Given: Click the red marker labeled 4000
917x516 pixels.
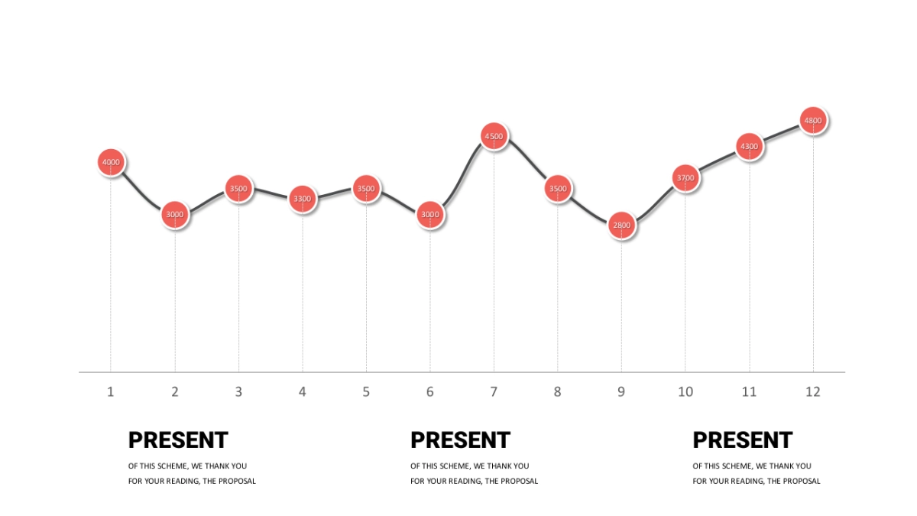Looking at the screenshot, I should tap(111, 162).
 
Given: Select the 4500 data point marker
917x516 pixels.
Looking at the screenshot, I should tap(494, 136).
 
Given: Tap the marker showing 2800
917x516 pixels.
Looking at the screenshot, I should tap(621, 226).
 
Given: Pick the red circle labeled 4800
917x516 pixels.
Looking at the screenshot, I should tap(813, 120).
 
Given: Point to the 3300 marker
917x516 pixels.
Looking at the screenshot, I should tap(303, 199).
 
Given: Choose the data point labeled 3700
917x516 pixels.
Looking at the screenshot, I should tap(685, 178).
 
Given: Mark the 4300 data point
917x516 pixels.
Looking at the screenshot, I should tap(749, 146).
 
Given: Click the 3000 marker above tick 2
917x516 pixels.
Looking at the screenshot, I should tap(175, 215).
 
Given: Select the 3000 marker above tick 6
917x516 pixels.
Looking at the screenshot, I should tap(430, 215).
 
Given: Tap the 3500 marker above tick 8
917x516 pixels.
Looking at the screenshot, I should tap(558, 189).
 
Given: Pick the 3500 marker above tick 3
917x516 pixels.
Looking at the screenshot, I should tap(238, 189).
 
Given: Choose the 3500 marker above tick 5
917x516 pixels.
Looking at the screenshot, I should tap(366, 189).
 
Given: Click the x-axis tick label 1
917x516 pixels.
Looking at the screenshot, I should tap(111, 392).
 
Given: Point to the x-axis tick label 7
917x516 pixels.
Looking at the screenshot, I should tap(494, 392).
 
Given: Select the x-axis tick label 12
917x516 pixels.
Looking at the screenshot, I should tap(813, 392).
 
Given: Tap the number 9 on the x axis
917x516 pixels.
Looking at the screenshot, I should tap(621, 392).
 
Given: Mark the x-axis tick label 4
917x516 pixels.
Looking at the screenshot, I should tap(303, 392).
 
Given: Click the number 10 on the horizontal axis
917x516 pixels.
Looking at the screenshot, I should tap(685, 392).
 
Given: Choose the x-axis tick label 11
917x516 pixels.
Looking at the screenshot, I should tap(749, 392).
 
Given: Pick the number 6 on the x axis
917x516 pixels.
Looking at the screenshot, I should tap(430, 392).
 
